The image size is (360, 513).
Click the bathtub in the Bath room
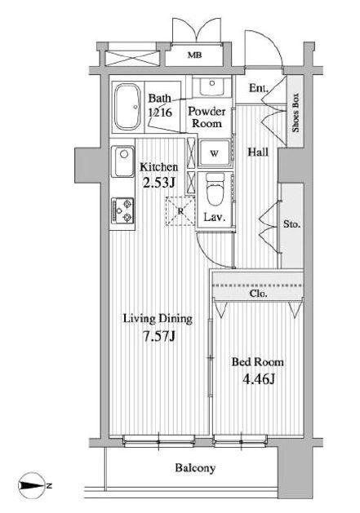click(x=127, y=107)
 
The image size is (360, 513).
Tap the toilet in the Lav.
click(x=215, y=190)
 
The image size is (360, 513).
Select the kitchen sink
click(x=122, y=161)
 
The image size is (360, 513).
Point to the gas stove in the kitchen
click(x=122, y=210)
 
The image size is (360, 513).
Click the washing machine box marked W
click(x=215, y=153)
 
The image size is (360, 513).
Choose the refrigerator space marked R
click(x=180, y=211)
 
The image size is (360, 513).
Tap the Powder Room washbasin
click(x=211, y=86)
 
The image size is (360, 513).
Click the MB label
click(x=194, y=55)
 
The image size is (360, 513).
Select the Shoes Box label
click(x=296, y=113)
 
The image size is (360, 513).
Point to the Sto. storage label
click(x=291, y=224)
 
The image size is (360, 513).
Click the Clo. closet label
click(x=259, y=294)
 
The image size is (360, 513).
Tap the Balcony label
click(x=195, y=468)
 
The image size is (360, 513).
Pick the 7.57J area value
click(x=159, y=336)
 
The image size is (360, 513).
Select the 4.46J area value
click(x=259, y=379)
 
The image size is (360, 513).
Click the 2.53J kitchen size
click(x=159, y=182)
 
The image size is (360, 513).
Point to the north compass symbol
click(x=33, y=485)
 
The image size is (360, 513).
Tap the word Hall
click(x=258, y=153)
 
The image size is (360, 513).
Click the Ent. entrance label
click(x=259, y=88)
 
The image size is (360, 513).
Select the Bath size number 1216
click(x=160, y=113)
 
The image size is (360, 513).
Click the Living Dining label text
click(x=158, y=319)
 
